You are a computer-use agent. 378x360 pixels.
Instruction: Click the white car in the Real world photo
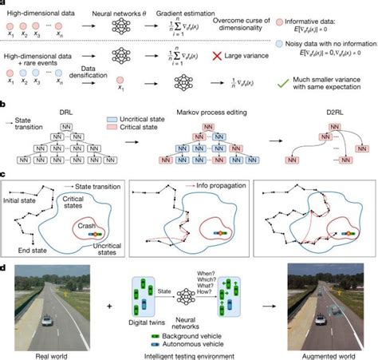[48, 321]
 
